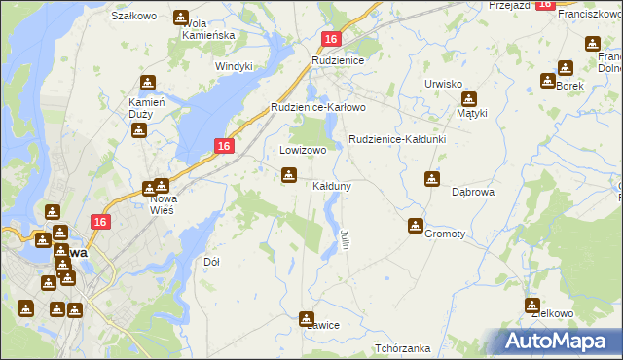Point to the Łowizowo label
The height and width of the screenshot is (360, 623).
[x=296, y=151]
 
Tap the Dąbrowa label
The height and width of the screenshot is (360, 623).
[x=474, y=193]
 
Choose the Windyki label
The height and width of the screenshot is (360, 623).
[x=235, y=66]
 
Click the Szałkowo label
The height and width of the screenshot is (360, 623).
[x=134, y=17]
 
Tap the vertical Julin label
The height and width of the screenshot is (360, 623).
[x=345, y=238]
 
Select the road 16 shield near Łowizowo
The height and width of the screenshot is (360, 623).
[x=224, y=146]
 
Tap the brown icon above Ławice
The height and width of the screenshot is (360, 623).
[x=307, y=317]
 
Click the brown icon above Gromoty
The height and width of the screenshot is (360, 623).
[x=416, y=226]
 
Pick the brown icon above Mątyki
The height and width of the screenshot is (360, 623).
[x=469, y=98]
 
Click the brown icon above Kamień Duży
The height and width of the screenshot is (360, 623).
[x=147, y=83]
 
